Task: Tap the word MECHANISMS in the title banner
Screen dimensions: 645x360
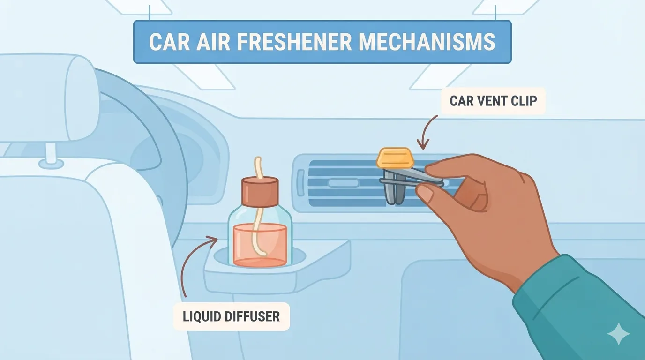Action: click(427, 42)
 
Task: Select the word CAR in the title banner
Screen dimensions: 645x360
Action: click(170, 42)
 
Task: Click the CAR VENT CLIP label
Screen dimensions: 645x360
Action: click(493, 101)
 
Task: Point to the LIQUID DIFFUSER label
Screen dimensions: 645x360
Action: click(231, 316)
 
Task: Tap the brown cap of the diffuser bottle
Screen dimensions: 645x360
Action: click(260, 192)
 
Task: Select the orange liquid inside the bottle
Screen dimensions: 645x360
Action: click(260, 245)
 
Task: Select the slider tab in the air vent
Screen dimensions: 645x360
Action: click(343, 183)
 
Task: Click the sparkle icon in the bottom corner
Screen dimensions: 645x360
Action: click(618, 334)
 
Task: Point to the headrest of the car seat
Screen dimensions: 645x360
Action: click(49, 98)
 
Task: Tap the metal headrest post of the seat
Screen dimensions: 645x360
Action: click(51, 153)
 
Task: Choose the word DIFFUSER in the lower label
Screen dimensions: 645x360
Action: click(252, 316)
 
